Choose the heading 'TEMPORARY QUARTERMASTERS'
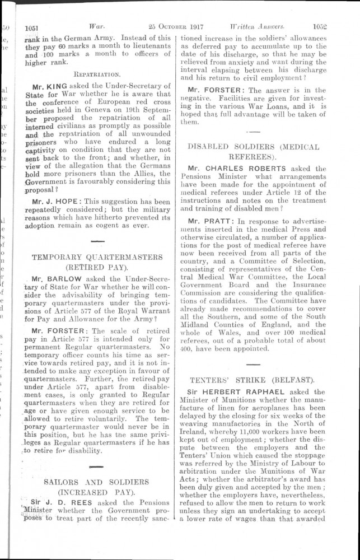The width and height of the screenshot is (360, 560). tap(97, 257)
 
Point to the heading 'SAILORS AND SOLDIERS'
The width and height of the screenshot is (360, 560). tap(97, 482)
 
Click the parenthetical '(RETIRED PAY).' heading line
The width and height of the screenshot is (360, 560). tap(97, 267)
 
